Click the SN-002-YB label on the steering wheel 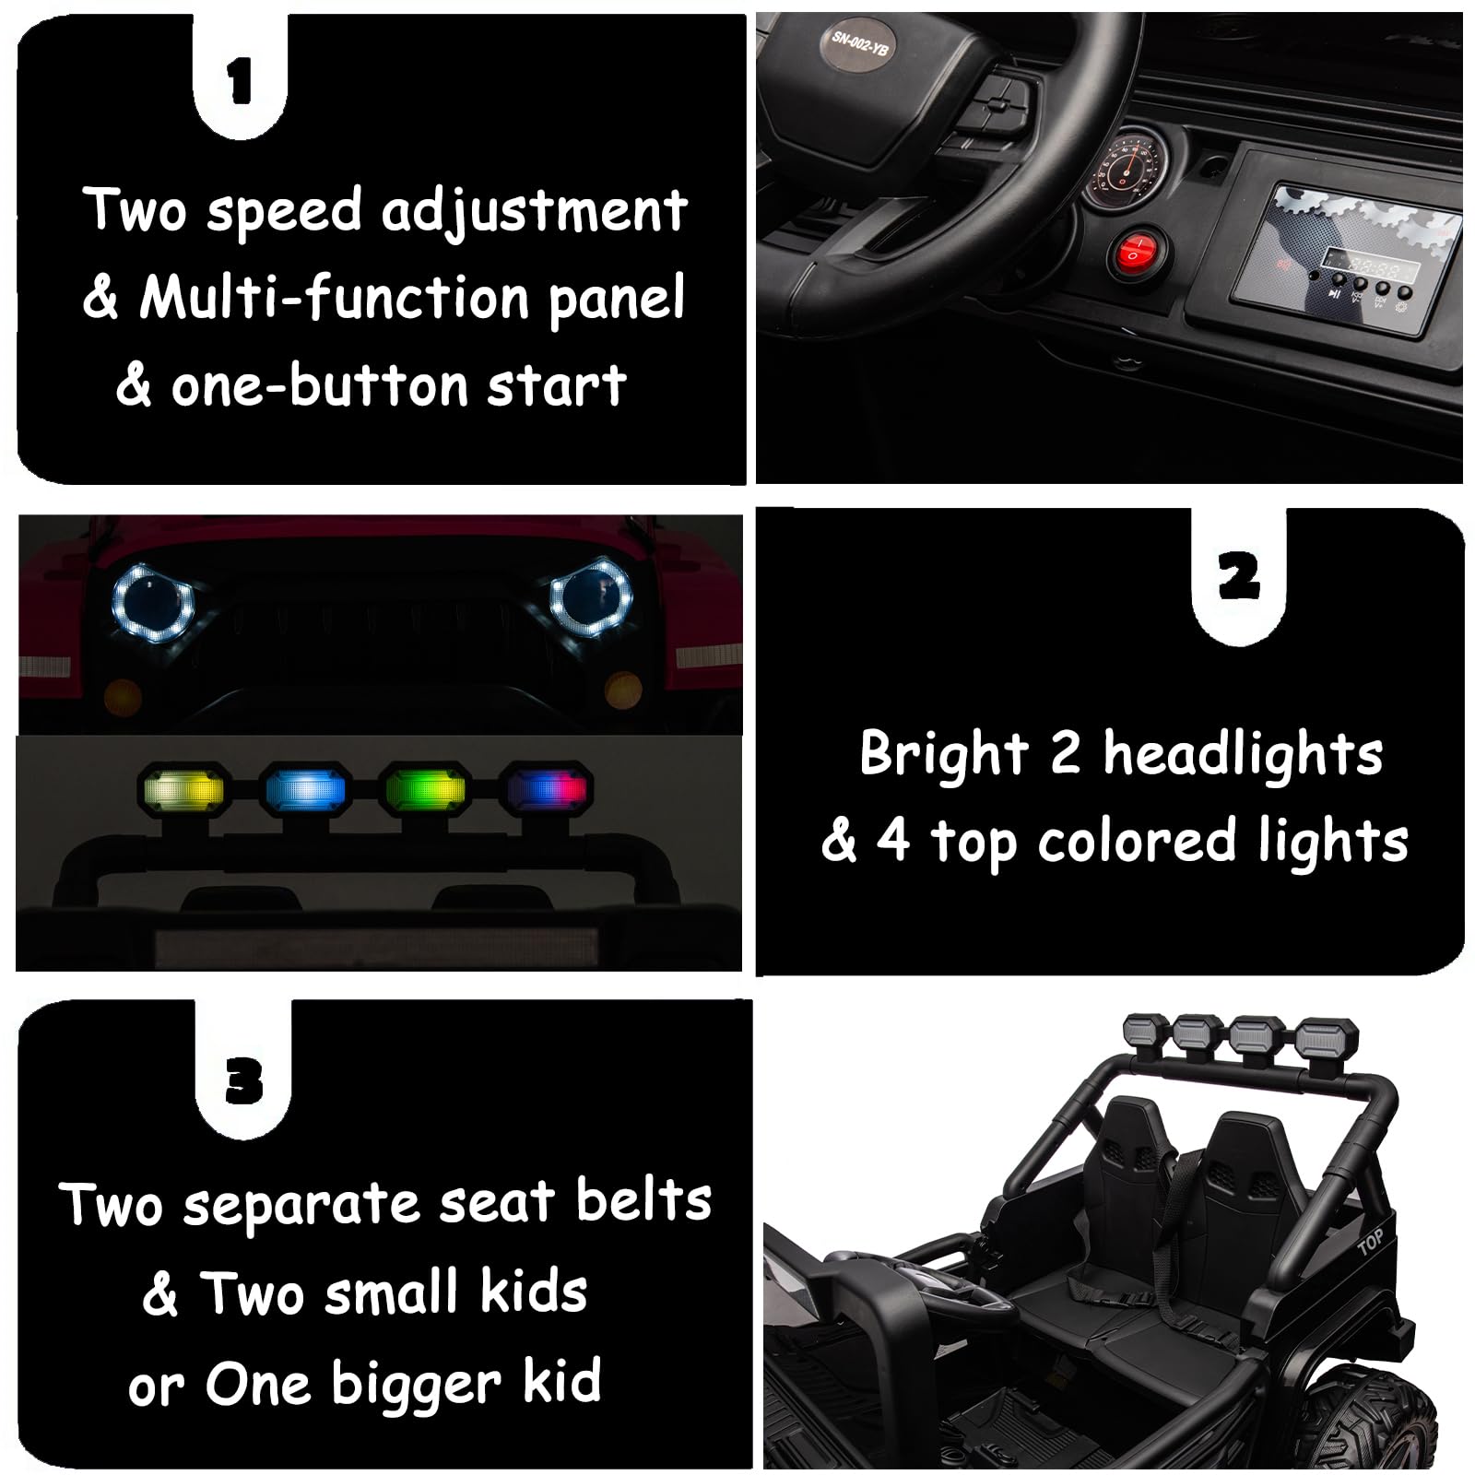coord(860,42)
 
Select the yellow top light coord(182,789)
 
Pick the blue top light coord(305,790)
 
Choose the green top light coord(426,790)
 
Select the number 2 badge coord(1238,577)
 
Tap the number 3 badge coord(243,1080)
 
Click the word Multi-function coord(333,297)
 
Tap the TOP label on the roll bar coord(1370,1244)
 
